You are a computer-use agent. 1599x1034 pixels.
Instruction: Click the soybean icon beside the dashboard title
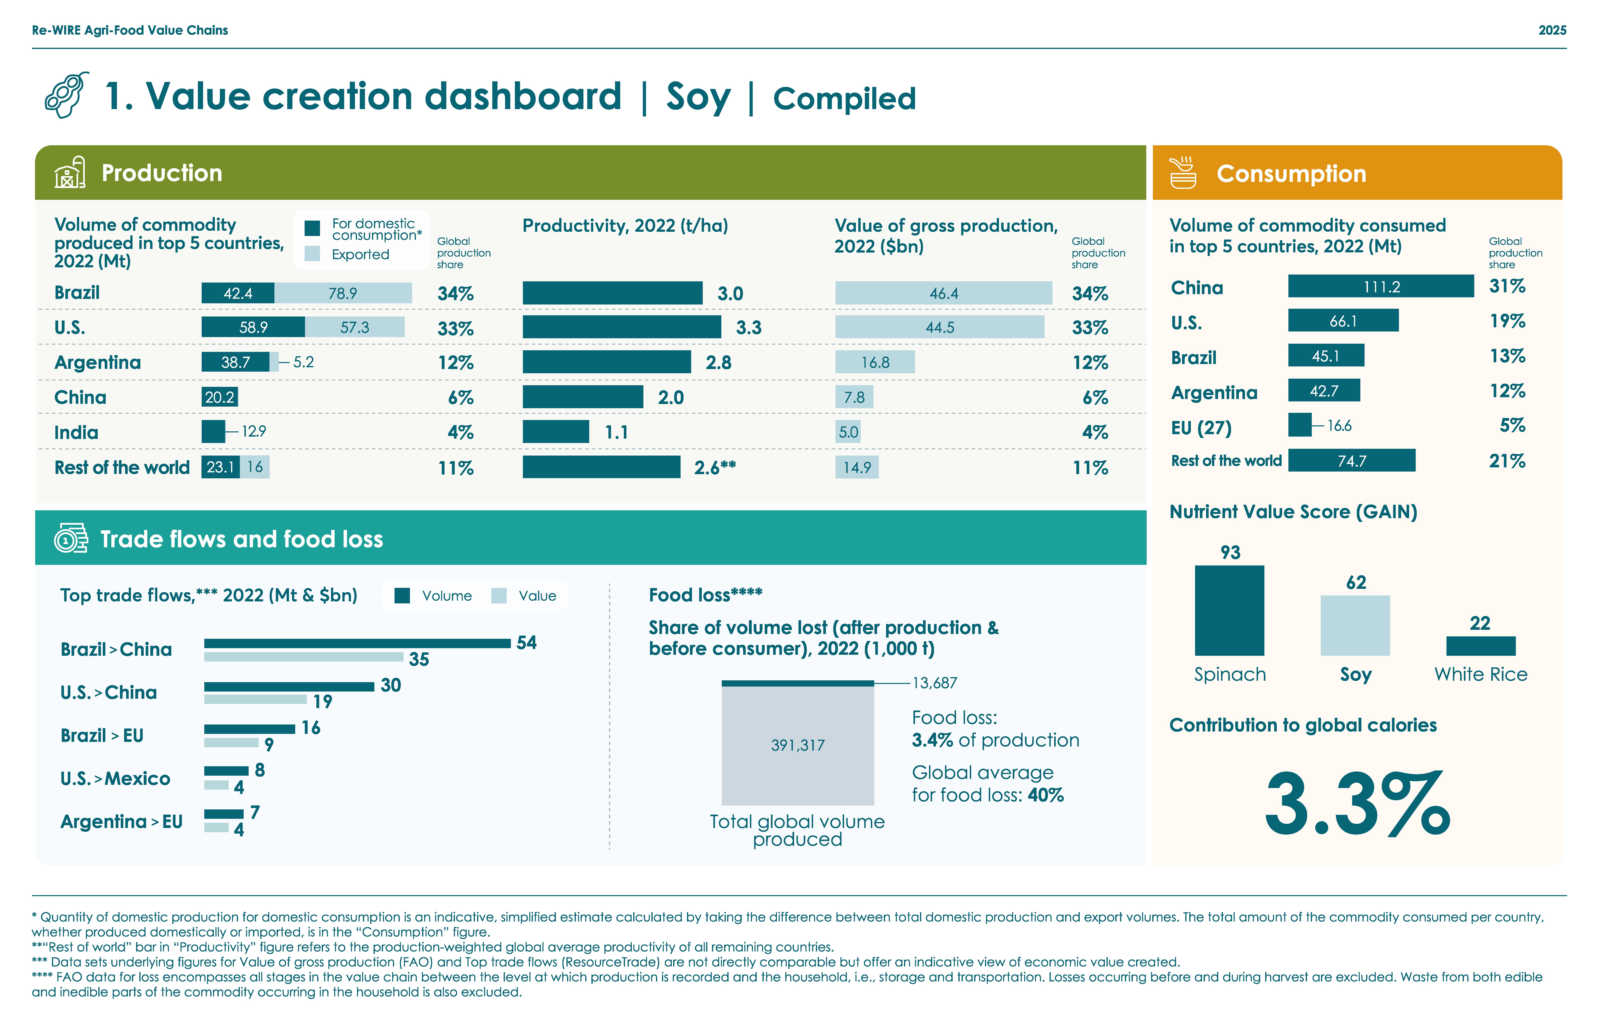(67, 95)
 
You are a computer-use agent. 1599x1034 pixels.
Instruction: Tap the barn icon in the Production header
(69, 173)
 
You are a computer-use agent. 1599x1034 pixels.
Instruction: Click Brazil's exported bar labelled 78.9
(343, 293)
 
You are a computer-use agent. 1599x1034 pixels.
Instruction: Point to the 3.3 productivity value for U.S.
(748, 328)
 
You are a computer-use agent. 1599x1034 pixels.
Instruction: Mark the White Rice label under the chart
(1480, 674)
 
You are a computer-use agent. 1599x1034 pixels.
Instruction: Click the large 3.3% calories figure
(1357, 804)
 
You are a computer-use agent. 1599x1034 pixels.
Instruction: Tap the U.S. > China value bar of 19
(255, 699)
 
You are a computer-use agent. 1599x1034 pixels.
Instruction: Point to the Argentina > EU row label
(122, 822)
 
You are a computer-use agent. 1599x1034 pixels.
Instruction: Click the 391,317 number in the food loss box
(797, 745)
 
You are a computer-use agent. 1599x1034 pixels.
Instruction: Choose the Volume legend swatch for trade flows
(402, 596)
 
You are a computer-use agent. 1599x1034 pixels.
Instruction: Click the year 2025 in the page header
(1551, 30)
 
